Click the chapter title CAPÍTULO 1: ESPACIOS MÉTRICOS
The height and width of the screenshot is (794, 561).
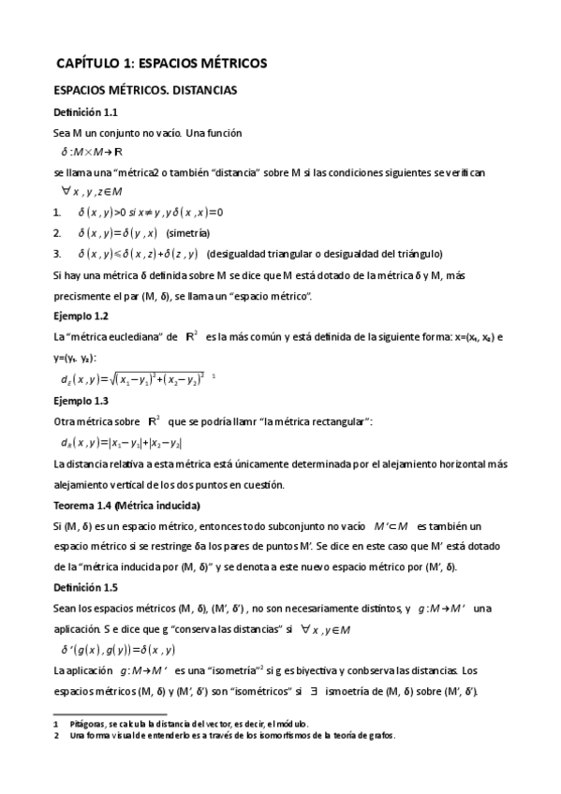click(161, 64)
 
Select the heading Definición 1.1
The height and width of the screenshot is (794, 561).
click(86, 112)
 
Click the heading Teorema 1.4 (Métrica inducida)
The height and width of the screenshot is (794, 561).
click(126, 506)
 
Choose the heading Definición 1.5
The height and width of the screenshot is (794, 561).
click(86, 588)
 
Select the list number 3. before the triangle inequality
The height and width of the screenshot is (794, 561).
click(58, 255)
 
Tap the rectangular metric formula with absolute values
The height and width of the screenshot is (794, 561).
click(121, 443)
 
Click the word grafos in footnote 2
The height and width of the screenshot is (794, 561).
click(379, 736)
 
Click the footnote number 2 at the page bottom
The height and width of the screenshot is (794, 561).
click(57, 736)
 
